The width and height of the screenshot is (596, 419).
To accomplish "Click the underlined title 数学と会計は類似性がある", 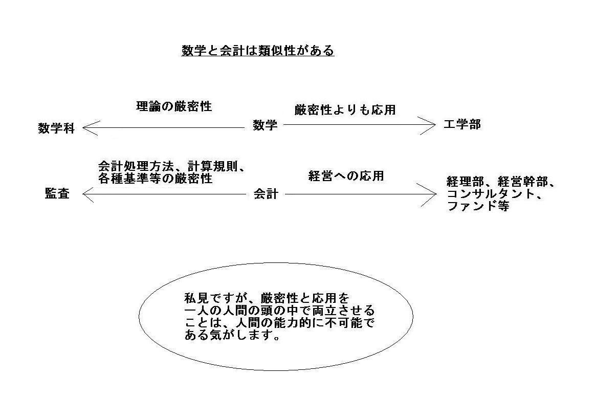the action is click(258, 51).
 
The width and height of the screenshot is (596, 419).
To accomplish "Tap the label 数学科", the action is click(56, 128).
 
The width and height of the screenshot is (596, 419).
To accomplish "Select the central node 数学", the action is click(265, 125).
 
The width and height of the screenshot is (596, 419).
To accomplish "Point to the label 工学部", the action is click(462, 124).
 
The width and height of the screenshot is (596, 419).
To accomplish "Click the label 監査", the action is click(57, 194).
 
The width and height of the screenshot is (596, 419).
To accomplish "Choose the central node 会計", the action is click(266, 194).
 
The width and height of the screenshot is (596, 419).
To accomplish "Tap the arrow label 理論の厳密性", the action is click(174, 106).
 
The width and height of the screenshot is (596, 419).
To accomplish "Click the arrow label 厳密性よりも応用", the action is click(345, 110).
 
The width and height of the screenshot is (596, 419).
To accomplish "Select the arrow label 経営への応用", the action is click(346, 175).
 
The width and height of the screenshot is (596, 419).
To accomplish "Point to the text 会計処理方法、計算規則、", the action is click(171, 167).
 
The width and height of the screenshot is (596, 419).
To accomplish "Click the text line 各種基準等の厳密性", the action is click(155, 179).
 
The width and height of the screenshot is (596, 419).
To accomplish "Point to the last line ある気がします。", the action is click(233, 335).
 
